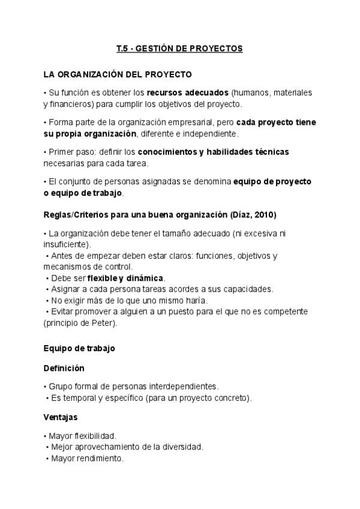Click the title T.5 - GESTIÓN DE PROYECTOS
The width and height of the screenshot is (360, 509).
pyautogui.click(x=179, y=49)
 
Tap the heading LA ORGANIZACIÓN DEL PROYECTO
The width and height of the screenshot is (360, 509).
pyautogui.click(x=118, y=74)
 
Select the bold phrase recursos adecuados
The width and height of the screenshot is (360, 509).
pyautogui.click(x=188, y=93)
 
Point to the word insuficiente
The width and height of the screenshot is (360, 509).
pyautogui.click(x=66, y=244)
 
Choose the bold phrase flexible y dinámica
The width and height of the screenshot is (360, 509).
pyautogui.click(x=125, y=278)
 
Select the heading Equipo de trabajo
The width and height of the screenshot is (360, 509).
pyautogui.click(x=79, y=348)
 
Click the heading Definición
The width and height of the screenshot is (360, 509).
pyautogui.click(x=64, y=367)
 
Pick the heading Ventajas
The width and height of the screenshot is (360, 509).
pyautogui.click(x=61, y=416)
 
